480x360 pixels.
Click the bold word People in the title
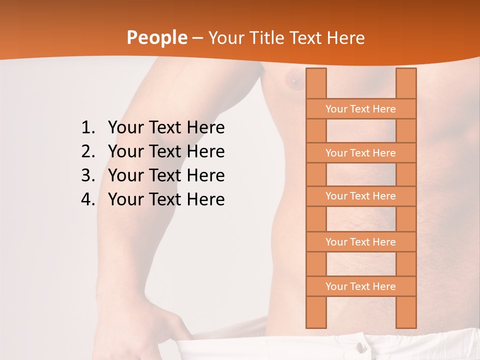click(x=156, y=38)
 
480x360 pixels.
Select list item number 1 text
click(x=166, y=128)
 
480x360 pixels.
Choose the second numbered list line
click(x=166, y=151)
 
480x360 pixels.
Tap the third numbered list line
click(x=166, y=175)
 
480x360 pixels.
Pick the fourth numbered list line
click(x=166, y=199)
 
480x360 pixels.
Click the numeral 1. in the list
click(x=87, y=128)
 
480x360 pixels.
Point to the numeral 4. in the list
click(x=87, y=199)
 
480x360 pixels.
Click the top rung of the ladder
click(x=360, y=109)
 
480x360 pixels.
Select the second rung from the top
click(x=360, y=153)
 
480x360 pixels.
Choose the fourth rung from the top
click(x=360, y=242)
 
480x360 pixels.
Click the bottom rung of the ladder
click(x=360, y=286)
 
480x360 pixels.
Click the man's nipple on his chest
click(x=293, y=80)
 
